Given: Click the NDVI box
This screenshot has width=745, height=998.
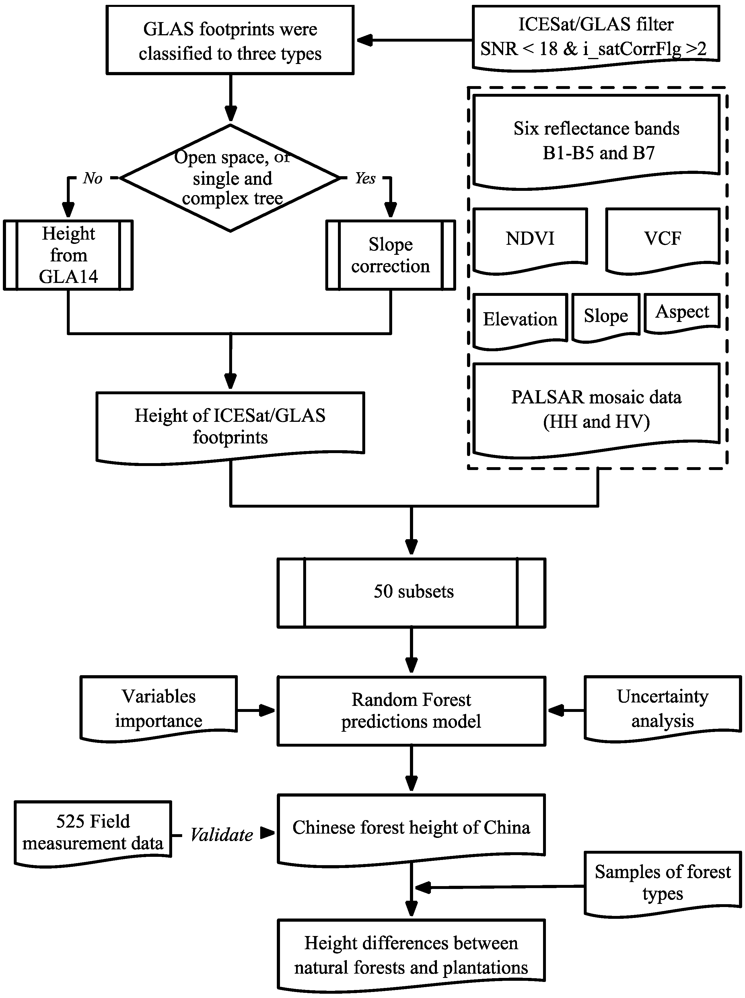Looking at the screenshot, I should (530, 239).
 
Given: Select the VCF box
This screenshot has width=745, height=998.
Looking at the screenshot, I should (662, 239).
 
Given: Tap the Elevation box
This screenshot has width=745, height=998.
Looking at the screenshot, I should (520, 319).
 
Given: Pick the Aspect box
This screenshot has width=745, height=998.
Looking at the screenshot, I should (682, 312).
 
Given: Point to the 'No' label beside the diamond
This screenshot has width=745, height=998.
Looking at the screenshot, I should (92, 178).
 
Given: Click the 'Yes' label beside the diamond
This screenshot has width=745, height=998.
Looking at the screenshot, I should (365, 178).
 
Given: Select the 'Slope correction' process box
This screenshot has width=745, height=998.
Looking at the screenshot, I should (390, 255).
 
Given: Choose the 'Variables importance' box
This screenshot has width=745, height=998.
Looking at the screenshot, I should (158, 708).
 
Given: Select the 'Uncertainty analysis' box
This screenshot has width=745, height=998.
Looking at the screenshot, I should (662, 708).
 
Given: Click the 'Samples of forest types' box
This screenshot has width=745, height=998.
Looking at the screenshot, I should (662, 882).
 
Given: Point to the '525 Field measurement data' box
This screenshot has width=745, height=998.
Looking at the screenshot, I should (93, 832).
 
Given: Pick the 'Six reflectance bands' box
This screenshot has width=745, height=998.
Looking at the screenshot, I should (596, 141).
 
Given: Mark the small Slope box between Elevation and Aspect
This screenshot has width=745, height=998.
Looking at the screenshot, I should (606, 316).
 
